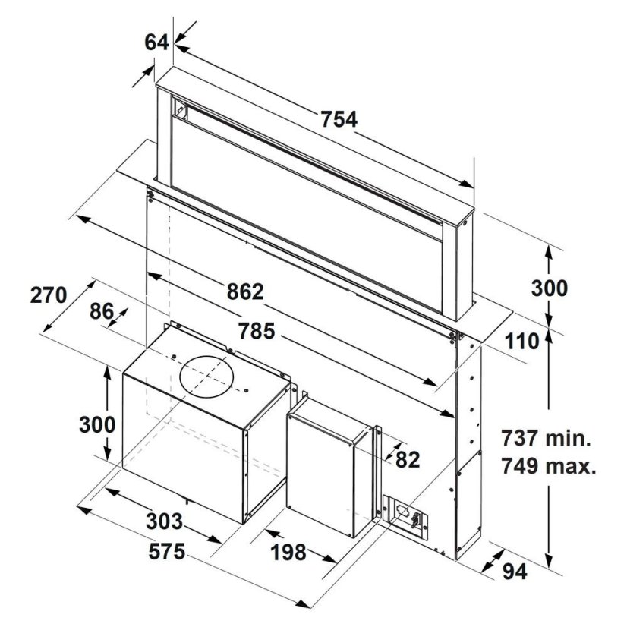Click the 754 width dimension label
[x=339, y=120]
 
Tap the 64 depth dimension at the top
[x=156, y=43]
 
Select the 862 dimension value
[x=245, y=291]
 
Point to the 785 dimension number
[x=257, y=331]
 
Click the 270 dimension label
[x=49, y=295]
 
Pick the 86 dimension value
[x=102, y=311]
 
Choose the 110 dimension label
[x=521, y=342]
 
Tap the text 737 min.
[x=547, y=438]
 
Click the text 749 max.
[x=549, y=466]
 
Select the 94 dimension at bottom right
[x=515, y=572]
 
